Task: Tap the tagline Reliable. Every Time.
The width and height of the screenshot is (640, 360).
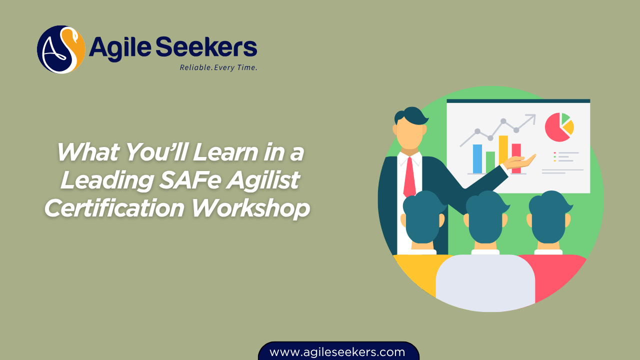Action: (x=218, y=67)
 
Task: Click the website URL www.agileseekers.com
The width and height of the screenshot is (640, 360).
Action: (x=337, y=352)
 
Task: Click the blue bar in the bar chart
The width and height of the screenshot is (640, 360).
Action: (x=477, y=158)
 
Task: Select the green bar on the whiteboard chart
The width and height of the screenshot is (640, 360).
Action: (x=490, y=162)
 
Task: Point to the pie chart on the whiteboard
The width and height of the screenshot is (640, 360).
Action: (x=559, y=127)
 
